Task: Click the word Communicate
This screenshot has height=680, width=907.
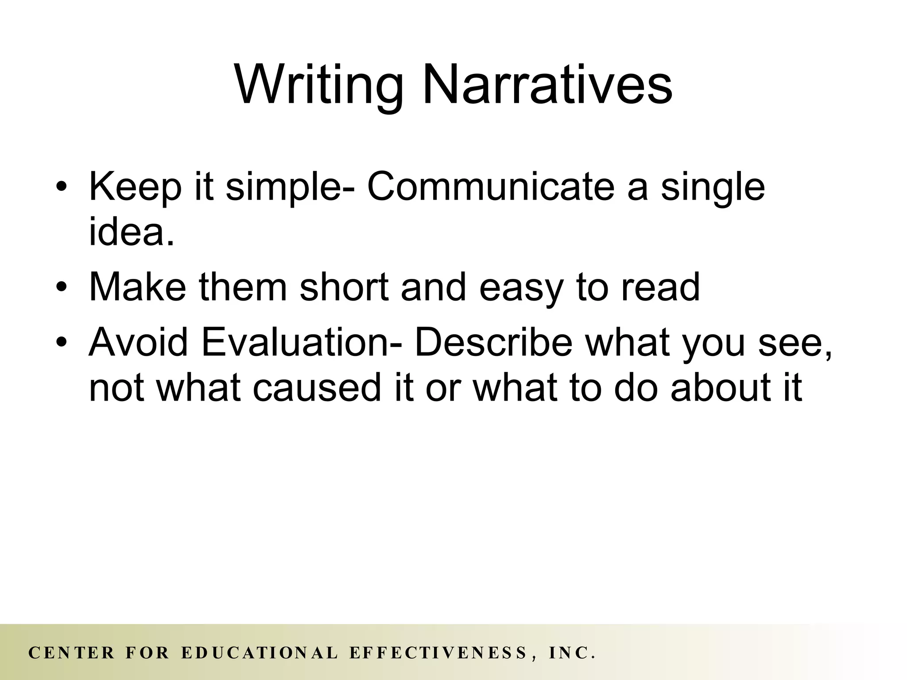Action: [x=491, y=187]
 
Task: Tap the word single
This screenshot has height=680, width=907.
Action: [x=713, y=188]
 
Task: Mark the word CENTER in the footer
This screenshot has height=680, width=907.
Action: [x=71, y=653]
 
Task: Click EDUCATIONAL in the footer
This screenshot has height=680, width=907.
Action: [x=260, y=653]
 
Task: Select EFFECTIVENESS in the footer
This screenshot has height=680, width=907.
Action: [x=438, y=653]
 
